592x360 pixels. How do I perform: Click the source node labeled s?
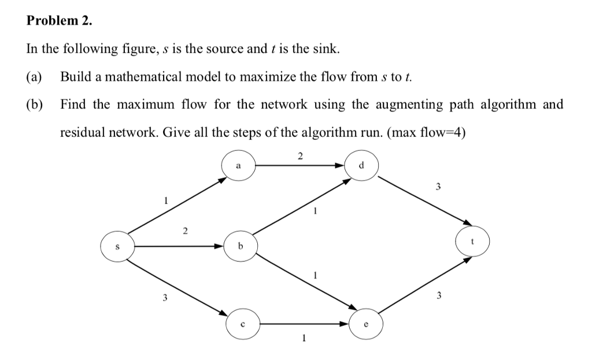point(118,246)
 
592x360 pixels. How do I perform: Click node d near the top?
point(361,165)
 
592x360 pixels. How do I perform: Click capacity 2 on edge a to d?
point(299,155)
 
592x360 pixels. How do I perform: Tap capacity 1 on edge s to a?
point(165,201)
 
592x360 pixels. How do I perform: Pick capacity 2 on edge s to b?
point(185,232)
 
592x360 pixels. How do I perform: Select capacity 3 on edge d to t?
point(438,187)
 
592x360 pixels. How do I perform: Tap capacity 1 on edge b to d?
point(314,211)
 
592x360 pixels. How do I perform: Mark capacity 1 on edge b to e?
point(314,275)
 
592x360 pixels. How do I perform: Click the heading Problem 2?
point(59,21)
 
